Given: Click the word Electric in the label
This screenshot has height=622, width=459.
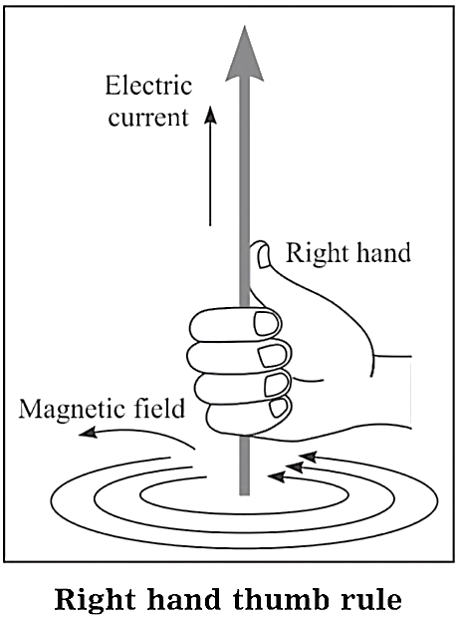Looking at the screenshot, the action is [148, 86].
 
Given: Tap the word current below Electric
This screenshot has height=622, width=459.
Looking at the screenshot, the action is [148, 118].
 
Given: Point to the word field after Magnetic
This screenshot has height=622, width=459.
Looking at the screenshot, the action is [163, 408].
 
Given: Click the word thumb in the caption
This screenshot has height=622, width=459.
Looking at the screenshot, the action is [275, 600].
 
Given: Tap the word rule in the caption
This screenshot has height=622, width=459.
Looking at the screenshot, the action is [365, 600].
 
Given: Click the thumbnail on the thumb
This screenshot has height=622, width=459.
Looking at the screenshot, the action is [263, 257].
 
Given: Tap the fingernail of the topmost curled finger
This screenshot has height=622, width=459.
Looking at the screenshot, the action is [267, 323].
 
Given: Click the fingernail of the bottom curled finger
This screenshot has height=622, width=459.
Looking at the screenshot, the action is [279, 408].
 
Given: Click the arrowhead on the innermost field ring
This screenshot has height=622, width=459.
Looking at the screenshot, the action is [277, 476].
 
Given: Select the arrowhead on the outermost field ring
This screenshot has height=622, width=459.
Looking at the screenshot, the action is [309, 457].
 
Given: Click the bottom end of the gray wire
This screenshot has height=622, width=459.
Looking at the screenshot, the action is [245, 494].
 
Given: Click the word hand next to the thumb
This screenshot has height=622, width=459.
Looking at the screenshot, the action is [383, 253].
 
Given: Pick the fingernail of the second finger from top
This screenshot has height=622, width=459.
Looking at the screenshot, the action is [272, 356].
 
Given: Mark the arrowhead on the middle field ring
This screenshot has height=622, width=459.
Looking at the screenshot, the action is [294, 466].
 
